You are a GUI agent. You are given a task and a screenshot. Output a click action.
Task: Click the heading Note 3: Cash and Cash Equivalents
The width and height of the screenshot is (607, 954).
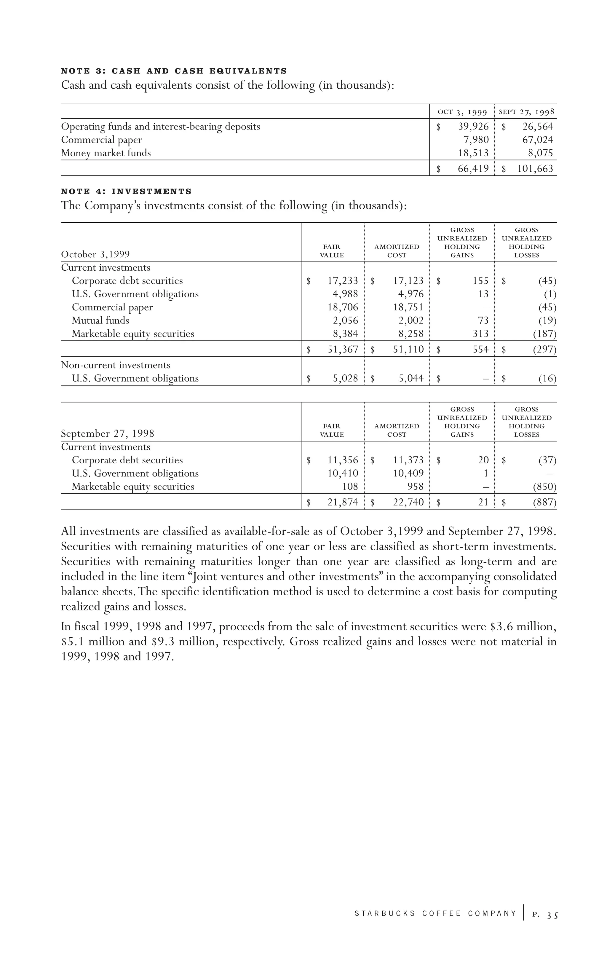[174, 71]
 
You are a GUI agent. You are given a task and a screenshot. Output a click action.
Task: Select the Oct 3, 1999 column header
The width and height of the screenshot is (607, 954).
[462, 112]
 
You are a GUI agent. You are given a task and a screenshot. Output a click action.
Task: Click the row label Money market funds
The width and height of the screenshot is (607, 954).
[106, 153]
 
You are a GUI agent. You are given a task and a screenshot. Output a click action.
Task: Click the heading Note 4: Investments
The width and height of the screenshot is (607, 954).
[126, 192]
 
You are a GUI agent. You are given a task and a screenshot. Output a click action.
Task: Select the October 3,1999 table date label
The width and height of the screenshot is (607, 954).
[95, 254]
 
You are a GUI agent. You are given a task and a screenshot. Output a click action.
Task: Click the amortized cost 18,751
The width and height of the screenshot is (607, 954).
[408, 307]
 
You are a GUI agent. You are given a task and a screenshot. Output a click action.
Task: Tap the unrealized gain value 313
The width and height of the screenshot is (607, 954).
[481, 334]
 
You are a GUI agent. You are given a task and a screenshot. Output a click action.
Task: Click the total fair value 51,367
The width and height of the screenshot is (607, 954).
[343, 350]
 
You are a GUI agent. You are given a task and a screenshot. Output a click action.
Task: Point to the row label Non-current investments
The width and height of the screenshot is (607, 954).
[115, 365]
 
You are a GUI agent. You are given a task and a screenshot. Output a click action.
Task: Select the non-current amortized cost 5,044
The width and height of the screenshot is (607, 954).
[411, 379]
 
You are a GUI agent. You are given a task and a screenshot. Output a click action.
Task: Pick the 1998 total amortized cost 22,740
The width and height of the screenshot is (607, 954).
[408, 503]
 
